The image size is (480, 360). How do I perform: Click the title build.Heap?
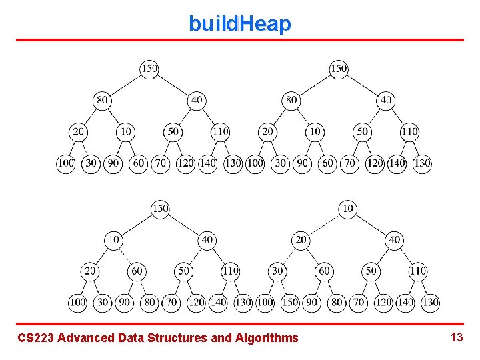pos(240,24)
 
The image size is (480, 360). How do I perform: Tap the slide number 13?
pos(457,337)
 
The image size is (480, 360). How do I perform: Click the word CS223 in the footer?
pos(35,338)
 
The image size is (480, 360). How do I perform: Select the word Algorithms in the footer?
pos(267,338)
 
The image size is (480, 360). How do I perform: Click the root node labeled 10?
pos(348,209)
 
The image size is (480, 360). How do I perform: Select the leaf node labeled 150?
pos(290,302)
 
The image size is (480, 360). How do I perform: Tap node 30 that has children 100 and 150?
pos(277,271)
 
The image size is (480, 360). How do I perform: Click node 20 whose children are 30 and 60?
pos(301,239)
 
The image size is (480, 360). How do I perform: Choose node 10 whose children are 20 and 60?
pos(114,239)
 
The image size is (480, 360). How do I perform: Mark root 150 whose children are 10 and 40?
pos(160,209)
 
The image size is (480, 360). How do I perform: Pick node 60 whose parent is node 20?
pos(325,271)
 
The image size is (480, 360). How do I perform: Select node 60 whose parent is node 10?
pos(137,271)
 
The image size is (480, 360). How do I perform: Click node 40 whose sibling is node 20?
pos(395,239)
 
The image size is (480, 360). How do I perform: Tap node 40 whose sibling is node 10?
pos(207,239)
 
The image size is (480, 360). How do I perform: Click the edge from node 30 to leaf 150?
pos(284,287)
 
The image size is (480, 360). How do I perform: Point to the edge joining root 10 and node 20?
pos(325,224)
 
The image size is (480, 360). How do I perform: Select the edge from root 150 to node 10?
pos(137,224)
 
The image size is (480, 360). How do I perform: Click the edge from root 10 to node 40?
pos(371,224)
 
